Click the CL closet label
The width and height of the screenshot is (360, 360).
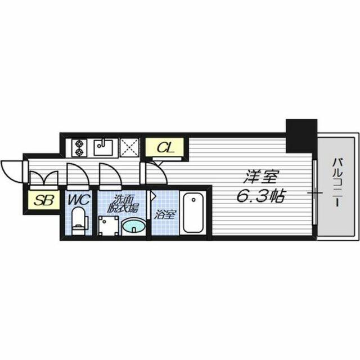point(165,148)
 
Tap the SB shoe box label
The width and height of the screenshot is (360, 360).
point(40,200)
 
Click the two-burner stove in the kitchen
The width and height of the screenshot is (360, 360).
point(78,147)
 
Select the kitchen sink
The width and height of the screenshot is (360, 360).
point(104,147)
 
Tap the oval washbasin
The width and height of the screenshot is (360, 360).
point(133,226)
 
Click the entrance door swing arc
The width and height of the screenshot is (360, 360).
point(11,168)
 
